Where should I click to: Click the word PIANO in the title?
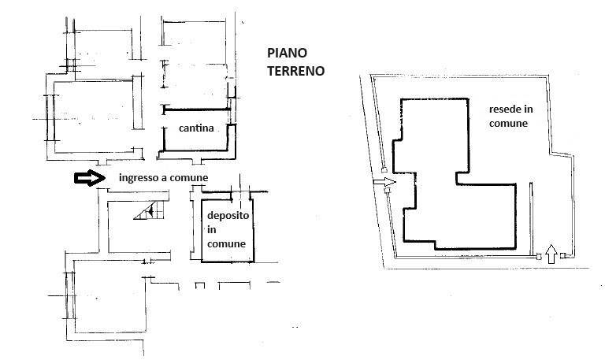click(287, 53)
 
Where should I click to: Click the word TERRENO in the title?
click(296, 71)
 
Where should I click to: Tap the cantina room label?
click(196, 128)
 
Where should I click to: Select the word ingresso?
click(139, 178)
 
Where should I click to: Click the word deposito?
click(228, 216)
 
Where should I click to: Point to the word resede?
click(503, 109)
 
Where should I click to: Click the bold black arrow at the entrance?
click(90, 178)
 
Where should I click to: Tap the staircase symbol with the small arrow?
click(149, 210)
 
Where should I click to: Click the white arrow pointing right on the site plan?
click(384, 182)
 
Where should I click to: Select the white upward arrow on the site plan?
click(551, 254)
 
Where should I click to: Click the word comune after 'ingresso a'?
click(189, 178)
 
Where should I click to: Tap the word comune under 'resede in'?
click(508, 124)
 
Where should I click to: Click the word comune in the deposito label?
click(226, 244)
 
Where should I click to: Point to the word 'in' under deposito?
click(211, 229)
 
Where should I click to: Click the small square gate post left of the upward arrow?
click(539, 256)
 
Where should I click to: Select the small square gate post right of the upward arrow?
click(563, 255)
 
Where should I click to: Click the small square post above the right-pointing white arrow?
click(384, 170)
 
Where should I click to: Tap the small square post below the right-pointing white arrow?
click(388, 190)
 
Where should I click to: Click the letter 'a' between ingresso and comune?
click(165, 179)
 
